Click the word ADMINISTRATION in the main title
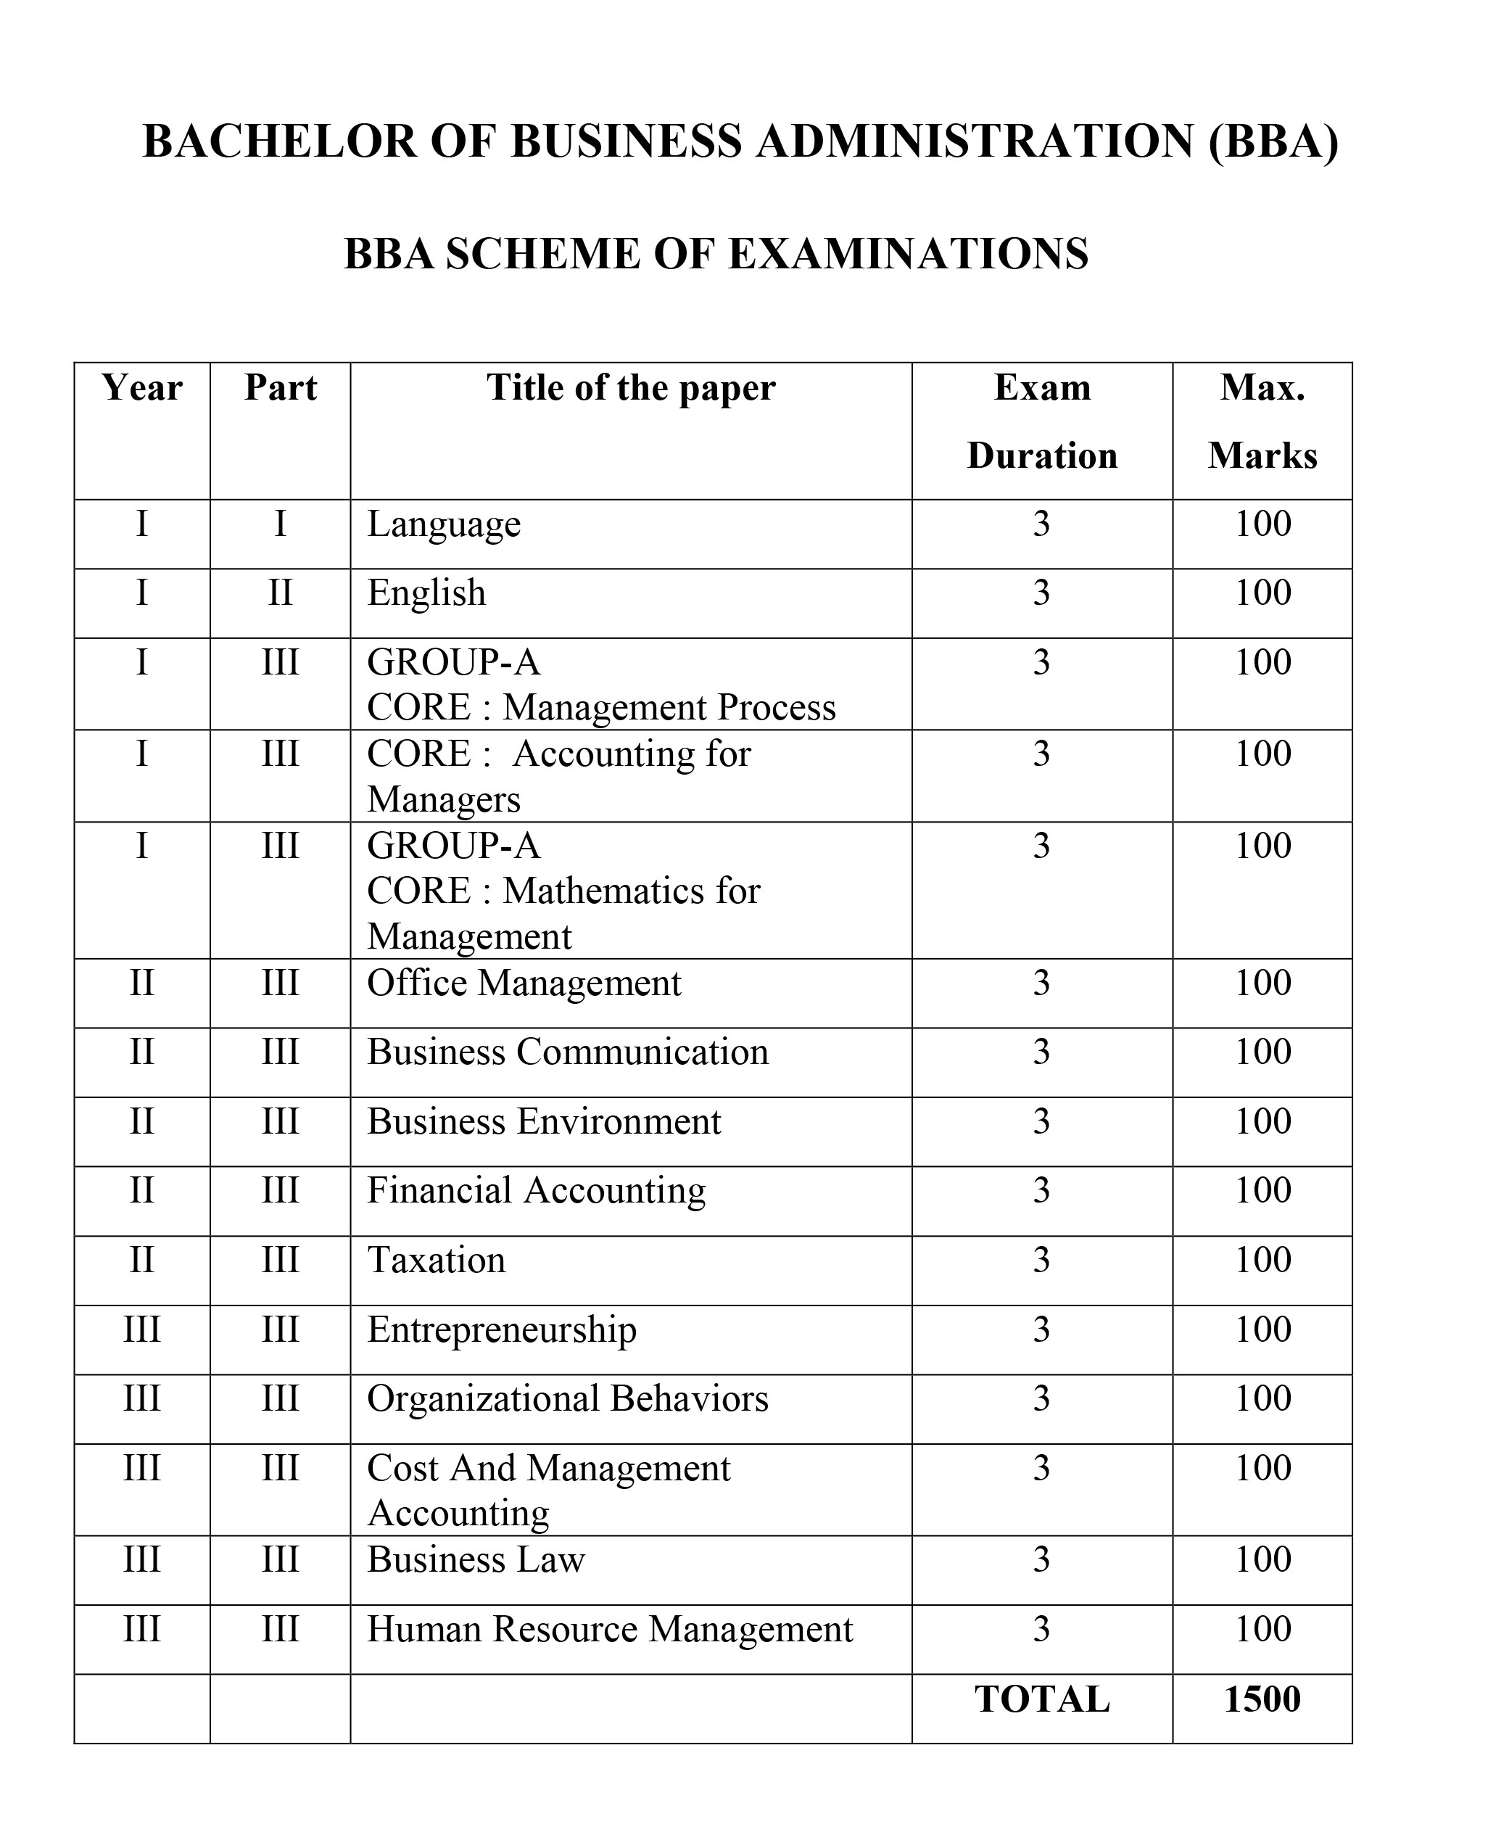pos(975,141)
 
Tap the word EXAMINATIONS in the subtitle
pos(909,254)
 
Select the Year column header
pos(142,388)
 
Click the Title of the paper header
pos(631,388)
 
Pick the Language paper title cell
pos(444,524)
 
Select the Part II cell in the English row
pos(281,593)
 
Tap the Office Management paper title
pos(524,983)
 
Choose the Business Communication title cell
pos(568,1053)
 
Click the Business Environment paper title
pos(545,1122)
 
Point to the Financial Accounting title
pos(537,1192)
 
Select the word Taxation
pos(437,1261)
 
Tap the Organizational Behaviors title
pos(568,1400)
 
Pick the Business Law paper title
pos(476,1560)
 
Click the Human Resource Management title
pos(609,1630)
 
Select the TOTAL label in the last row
pos(1041,1700)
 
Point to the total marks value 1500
pos(1262,1700)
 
